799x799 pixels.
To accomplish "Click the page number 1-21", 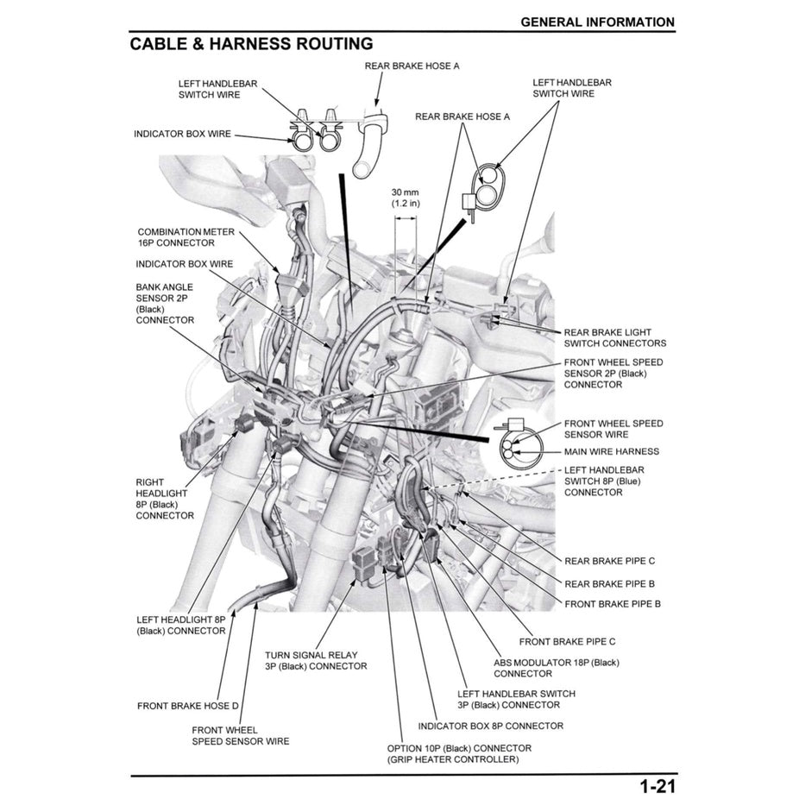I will tap(657, 786).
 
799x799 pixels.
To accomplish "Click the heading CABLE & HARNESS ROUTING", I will tap(251, 44).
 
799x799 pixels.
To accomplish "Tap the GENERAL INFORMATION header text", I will tap(597, 22).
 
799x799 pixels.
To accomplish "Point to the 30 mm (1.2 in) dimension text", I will tap(406, 198).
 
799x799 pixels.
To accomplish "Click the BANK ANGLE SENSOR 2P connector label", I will tap(164, 303).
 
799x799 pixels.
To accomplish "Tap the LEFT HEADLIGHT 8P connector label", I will tap(180, 625).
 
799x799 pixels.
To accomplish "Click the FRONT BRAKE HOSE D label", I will tap(187, 706).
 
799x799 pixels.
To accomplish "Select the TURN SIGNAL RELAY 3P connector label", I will tap(315, 660).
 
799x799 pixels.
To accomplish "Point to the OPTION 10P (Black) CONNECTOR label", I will tap(459, 753).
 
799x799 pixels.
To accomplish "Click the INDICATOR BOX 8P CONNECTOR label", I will tap(490, 726).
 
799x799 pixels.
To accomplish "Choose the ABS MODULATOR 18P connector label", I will tap(556, 668).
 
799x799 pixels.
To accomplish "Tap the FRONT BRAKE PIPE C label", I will tap(567, 641).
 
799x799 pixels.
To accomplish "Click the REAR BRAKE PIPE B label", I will tap(609, 583).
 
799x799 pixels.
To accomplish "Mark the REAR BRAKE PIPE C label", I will tap(609, 561).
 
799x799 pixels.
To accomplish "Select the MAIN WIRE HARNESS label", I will tap(611, 451).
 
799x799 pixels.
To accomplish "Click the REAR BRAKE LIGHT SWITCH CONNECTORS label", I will tap(614, 337).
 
